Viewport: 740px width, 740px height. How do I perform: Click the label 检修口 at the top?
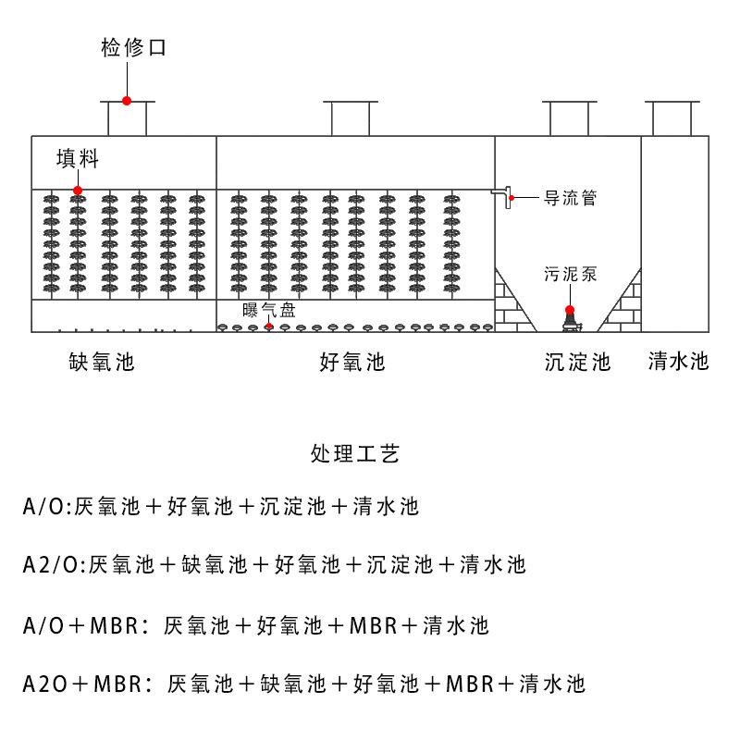tap(133, 48)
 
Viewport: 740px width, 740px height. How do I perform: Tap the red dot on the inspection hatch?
tap(127, 101)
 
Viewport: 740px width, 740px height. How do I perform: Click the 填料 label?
tap(77, 158)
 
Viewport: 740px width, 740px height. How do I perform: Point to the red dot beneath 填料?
tap(78, 191)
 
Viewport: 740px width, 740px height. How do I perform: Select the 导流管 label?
tap(569, 197)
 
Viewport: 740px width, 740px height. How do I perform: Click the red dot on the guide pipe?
tap(512, 197)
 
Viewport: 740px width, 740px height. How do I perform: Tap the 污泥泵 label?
tap(569, 274)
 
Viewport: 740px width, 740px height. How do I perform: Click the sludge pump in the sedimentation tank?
tap(570, 319)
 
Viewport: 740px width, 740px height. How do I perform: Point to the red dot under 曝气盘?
tap(269, 326)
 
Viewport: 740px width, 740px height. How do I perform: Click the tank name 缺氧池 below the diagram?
tap(102, 362)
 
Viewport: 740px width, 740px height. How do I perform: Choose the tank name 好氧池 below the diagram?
tap(351, 362)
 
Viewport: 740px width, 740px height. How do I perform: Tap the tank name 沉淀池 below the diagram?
tap(578, 362)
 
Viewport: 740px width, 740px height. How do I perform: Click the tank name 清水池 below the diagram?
tap(678, 361)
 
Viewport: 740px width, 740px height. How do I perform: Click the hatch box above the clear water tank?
tap(674, 118)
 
